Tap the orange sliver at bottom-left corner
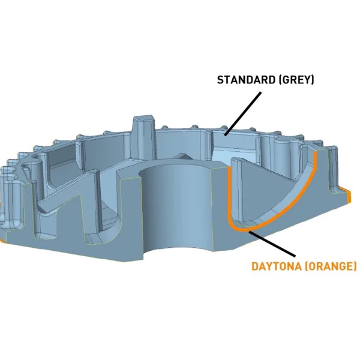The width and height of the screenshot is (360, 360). pos(3,239)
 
